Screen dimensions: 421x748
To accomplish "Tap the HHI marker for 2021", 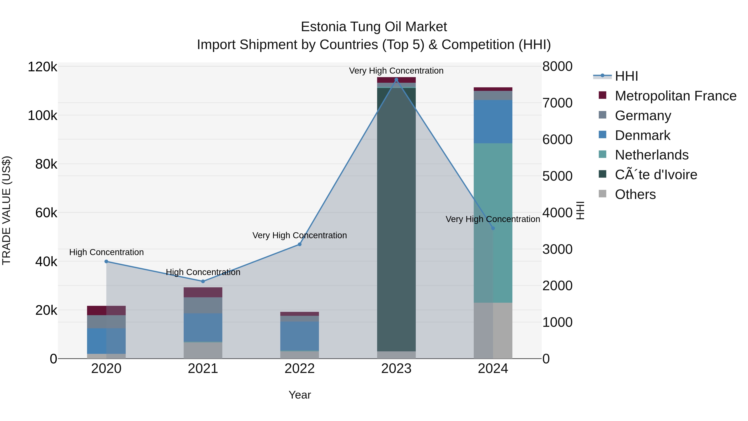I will coord(203,281).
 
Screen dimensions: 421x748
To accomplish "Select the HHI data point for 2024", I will coord(493,228).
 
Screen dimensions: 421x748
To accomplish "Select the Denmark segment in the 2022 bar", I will coord(299,336).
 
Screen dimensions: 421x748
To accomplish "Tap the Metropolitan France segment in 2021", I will coord(203,292).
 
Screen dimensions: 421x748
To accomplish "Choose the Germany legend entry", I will coord(643,116).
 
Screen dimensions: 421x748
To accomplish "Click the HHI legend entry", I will coord(626,76).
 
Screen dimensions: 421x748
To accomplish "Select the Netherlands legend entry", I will coord(651,155).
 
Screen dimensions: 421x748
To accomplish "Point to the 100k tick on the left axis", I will coord(42,116).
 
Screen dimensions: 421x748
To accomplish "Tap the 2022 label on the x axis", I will coord(299,369).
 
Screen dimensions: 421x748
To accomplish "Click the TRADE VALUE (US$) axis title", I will coord(7,210).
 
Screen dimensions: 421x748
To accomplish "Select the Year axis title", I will coord(299,395).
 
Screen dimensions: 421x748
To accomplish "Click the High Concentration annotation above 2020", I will coord(106,252).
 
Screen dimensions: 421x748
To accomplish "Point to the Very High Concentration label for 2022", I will coord(299,235).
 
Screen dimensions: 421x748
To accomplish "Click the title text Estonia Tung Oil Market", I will coord(374,27).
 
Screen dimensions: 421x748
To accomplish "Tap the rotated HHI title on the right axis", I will coord(580,210).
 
